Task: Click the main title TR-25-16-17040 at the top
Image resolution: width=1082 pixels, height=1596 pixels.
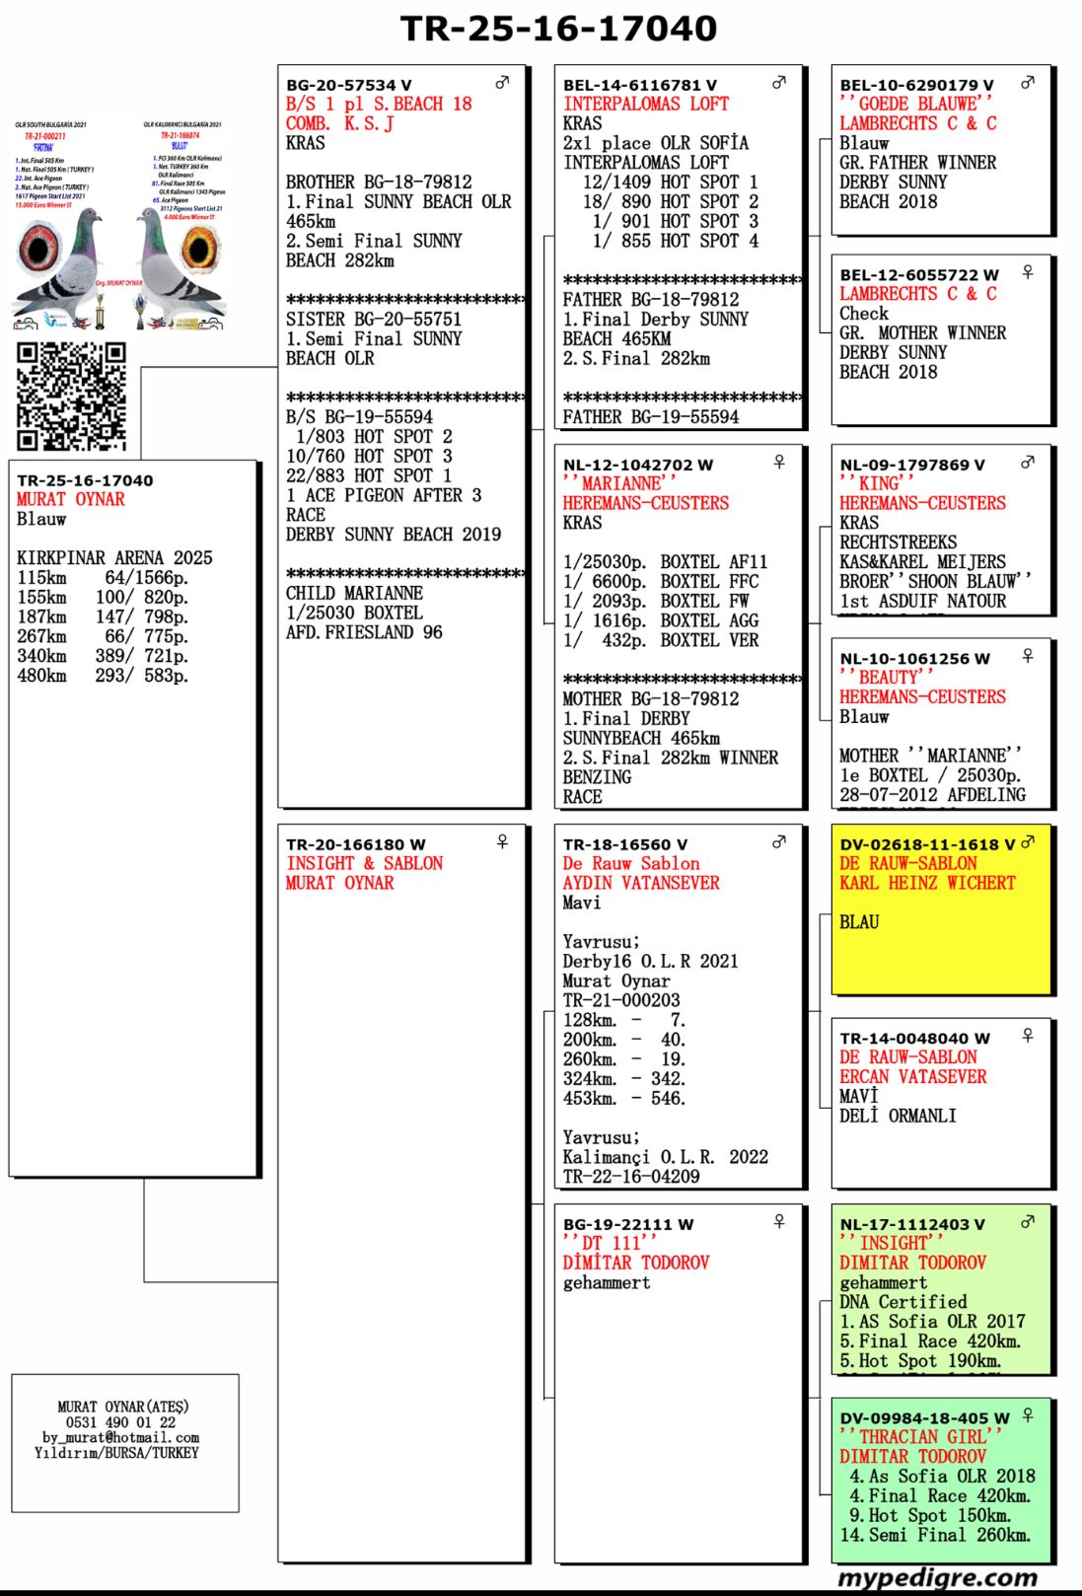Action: pos(558,29)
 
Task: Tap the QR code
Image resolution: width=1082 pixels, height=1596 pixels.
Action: pos(71,396)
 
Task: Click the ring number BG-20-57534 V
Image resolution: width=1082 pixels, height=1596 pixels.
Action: pos(348,86)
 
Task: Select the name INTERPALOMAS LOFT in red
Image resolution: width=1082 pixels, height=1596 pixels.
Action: pos(646,105)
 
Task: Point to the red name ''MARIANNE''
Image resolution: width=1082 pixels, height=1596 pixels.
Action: pos(619,483)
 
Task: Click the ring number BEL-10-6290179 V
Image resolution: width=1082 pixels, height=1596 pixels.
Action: pos(916,86)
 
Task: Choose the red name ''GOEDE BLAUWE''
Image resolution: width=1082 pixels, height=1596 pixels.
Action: pos(915,104)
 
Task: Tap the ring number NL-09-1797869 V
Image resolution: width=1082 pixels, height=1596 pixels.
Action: pos(911,465)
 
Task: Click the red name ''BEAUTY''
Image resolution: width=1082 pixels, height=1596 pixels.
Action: pos(885,678)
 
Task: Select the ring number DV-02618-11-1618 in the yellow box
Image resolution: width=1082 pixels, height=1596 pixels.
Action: pos(926,844)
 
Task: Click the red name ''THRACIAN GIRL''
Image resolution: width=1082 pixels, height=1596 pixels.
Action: pos(920,1437)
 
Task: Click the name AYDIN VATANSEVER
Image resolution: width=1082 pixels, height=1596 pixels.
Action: pos(641,883)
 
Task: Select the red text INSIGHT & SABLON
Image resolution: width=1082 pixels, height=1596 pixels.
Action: pos(364,863)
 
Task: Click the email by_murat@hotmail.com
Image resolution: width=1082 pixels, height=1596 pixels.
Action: pos(120,1437)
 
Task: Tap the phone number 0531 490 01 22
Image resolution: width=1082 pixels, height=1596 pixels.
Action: pos(120,1422)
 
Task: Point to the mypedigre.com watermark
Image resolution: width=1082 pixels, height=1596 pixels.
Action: pos(937,1577)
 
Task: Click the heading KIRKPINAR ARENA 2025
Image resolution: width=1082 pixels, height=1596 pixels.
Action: pos(114,558)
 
